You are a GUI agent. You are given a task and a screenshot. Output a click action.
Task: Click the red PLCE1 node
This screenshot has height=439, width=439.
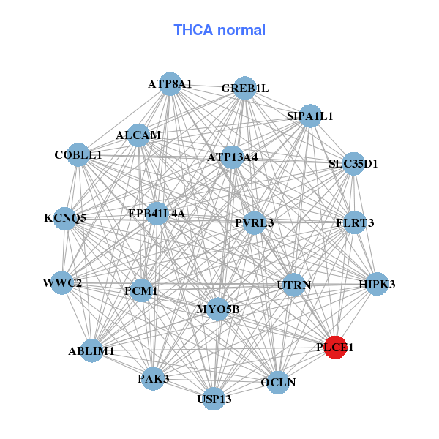(x=334, y=348)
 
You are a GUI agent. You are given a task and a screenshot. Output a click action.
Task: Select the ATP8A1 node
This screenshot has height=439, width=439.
(x=170, y=83)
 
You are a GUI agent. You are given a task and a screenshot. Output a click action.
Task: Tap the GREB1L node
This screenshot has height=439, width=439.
(x=244, y=89)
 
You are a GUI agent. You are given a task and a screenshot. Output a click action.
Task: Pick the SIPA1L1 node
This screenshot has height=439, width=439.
(x=310, y=116)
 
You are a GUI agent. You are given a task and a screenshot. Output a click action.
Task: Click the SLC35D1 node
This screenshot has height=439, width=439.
(x=353, y=163)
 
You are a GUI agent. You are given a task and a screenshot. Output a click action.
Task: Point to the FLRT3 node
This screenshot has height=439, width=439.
(x=355, y=222)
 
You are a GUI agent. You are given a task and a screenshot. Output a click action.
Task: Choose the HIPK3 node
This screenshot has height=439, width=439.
(x=377, y=284)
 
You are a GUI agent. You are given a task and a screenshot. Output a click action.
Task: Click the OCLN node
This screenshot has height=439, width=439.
(x=278, y=382)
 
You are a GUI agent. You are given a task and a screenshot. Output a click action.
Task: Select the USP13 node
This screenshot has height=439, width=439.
(x=214, y=399)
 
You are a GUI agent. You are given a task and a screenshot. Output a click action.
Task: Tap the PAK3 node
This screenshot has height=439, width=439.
(x=153, y=378)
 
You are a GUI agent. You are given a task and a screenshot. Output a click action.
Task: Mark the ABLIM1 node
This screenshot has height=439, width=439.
(x=92, y=351)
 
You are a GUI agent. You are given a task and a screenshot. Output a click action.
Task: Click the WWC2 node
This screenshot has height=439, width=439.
(x=62, y=283)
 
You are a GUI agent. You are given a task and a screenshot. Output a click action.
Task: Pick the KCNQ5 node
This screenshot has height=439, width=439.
(x=65, y=218)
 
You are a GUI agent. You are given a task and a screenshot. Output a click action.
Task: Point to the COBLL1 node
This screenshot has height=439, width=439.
(x=78, y=154)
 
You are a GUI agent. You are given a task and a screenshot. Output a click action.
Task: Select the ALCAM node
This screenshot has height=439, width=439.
(x=138, y=135)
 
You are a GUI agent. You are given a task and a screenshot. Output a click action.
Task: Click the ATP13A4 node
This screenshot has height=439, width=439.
(x=233, y=157)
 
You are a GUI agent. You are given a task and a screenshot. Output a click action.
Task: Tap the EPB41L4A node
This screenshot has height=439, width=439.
(x=157, y=214)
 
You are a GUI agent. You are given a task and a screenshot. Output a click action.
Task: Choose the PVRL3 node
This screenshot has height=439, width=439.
(x=254, y=222)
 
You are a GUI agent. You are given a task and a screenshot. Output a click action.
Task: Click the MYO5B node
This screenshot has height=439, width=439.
(x=217, y=309)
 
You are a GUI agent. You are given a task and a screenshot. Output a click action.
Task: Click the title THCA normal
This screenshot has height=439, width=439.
(x=219, y=30)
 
